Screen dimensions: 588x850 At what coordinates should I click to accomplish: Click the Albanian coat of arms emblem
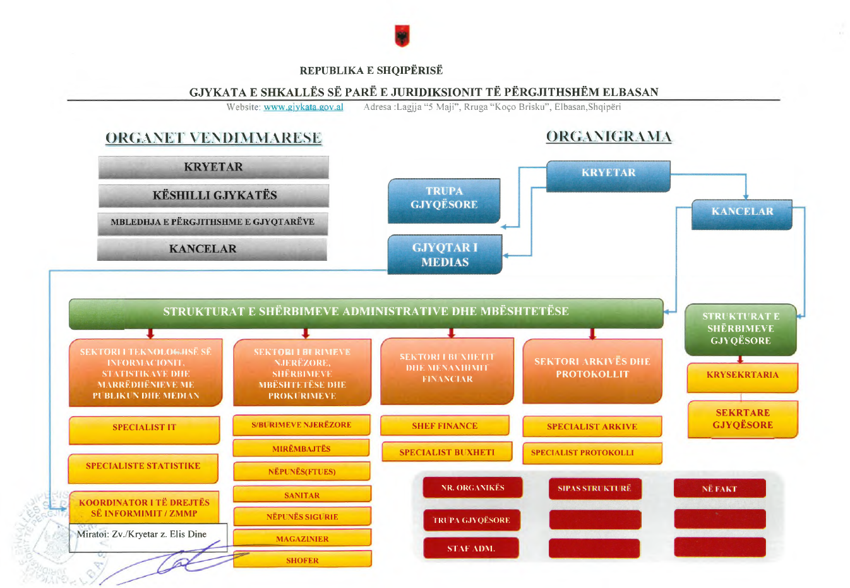pyautogui.click(x=402, y=36)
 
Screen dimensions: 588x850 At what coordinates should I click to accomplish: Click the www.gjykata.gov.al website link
pyautogui.click(x=303, y=107)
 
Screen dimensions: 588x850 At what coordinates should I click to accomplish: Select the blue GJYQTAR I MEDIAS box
pyautogui.click(x=445, y=255)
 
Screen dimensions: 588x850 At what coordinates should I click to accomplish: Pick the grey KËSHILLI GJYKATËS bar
pyautogui.click(x=214, y=196)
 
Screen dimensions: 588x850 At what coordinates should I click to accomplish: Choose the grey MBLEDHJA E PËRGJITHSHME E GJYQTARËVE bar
pyautogui.click(x=213, y=223)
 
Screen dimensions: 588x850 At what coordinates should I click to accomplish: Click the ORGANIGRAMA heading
pyautogui.click(x=609, y=136)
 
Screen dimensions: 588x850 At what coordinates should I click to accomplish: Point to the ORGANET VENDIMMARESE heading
pyautogui.click(x=213, y=138)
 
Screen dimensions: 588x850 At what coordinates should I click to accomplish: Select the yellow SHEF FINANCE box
pyautogui.click(x=445, y=426)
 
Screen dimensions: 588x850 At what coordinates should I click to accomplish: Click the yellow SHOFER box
pyautogui.click(x=302, y=560)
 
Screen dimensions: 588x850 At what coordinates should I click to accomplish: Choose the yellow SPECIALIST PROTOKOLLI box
pyautogui.click(x=592, y=453)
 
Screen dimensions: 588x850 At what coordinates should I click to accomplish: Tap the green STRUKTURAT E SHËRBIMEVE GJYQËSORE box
pyautogui.click(x=740, y=329)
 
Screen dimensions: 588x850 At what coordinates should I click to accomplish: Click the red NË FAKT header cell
pyautogui.click(x=719, y=488)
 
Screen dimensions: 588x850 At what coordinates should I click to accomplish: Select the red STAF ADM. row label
pyautogui.click(x=471, y=548)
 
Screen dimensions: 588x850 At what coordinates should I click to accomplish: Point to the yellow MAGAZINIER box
pyautogui.click(x=302, y=539)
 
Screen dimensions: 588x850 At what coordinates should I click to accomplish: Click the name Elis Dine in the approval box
pyautogui.click(x=188, y=534)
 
